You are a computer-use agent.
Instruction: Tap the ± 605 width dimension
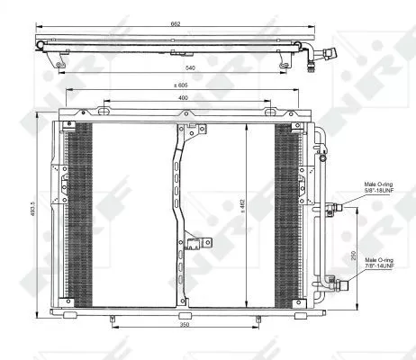[x=182, y=85]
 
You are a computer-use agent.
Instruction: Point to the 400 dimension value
[x=182, y=96]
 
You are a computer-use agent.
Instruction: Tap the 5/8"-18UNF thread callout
[x=380, y=190]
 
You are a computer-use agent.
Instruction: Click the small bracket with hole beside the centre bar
[x=197, y=240]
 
